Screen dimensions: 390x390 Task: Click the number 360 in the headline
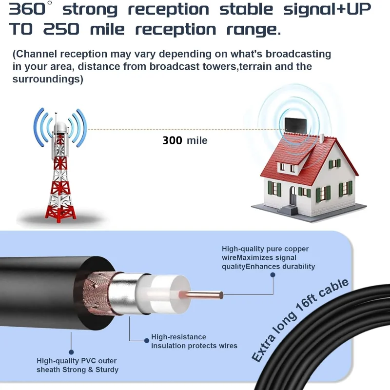pos(27,9)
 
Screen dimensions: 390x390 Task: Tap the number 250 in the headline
pos(61,29)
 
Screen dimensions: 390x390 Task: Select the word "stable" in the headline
pos(246,9)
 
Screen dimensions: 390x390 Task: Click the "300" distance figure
pos(173,140)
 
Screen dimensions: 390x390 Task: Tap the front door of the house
pos(293,196)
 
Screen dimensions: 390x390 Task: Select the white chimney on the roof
pos(322,138)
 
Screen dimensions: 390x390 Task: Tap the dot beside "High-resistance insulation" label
pos(147,341)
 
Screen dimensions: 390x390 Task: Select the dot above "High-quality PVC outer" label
pos(71,352)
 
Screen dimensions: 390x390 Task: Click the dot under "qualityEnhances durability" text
pos(273,275)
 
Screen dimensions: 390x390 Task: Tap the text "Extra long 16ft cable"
pos(300,320)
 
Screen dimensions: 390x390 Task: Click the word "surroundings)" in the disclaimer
pos(48,79)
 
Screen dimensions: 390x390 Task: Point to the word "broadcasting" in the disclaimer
pos(298,54)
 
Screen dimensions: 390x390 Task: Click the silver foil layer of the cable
pos(123,293)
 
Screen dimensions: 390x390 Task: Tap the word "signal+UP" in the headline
pos(327,9)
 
